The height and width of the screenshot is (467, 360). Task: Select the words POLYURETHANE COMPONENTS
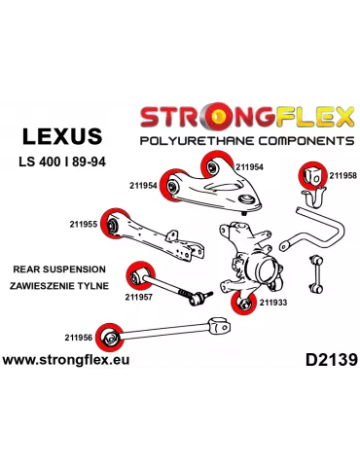(248, 140)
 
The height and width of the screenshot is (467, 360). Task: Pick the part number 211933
(273, 303)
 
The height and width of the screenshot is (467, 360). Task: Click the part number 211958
(342, 176)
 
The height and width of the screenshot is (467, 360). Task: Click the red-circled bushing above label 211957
(141, 275)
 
